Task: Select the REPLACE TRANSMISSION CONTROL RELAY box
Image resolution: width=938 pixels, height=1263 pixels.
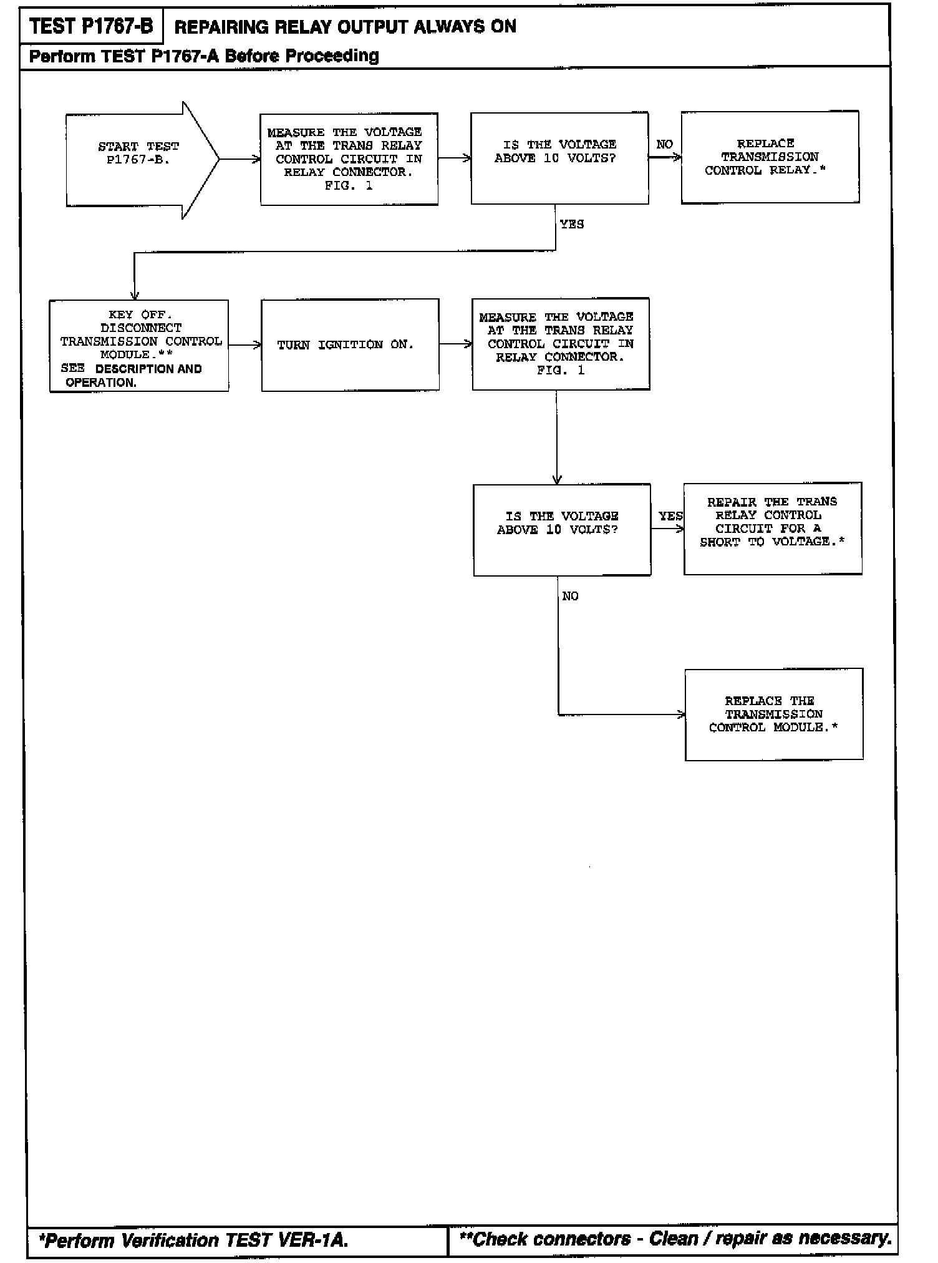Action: [x=770, y=157]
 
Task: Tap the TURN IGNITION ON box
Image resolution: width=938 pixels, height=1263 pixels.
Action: [x=350, y=345]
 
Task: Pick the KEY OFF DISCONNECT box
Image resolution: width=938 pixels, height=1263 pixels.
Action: [x=139, y=346]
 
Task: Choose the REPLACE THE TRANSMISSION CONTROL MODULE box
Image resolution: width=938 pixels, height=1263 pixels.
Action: [x=774, y=714]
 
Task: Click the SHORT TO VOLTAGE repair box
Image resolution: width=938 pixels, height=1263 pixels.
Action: [x=773, y=528]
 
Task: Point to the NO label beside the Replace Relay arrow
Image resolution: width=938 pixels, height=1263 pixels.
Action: [x=664, y=145]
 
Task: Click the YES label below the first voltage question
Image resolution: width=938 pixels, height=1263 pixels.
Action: [x=572, y=225]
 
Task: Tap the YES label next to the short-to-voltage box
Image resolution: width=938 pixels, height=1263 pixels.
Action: [x=670, y=516]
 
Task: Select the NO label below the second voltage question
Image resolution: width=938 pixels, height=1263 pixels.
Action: [x=570, y=597]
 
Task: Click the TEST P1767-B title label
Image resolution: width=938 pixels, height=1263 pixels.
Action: [x=91, y=27]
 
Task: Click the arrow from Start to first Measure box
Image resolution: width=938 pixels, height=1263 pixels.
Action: [x=239, y=159]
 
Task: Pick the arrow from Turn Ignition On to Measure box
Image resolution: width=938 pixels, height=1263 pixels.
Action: [x=455, y=344]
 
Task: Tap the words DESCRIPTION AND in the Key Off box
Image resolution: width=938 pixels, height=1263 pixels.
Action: [x=148, y=369]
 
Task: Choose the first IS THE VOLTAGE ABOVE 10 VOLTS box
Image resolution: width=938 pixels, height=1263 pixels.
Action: [x=559, y=158]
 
